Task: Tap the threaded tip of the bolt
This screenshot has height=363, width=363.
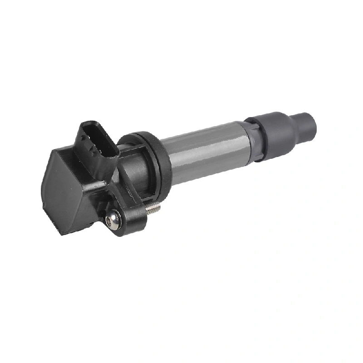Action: pos(154,207)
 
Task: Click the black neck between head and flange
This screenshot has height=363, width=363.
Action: pos(136,170)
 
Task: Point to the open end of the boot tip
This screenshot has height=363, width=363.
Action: pos(314,122)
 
